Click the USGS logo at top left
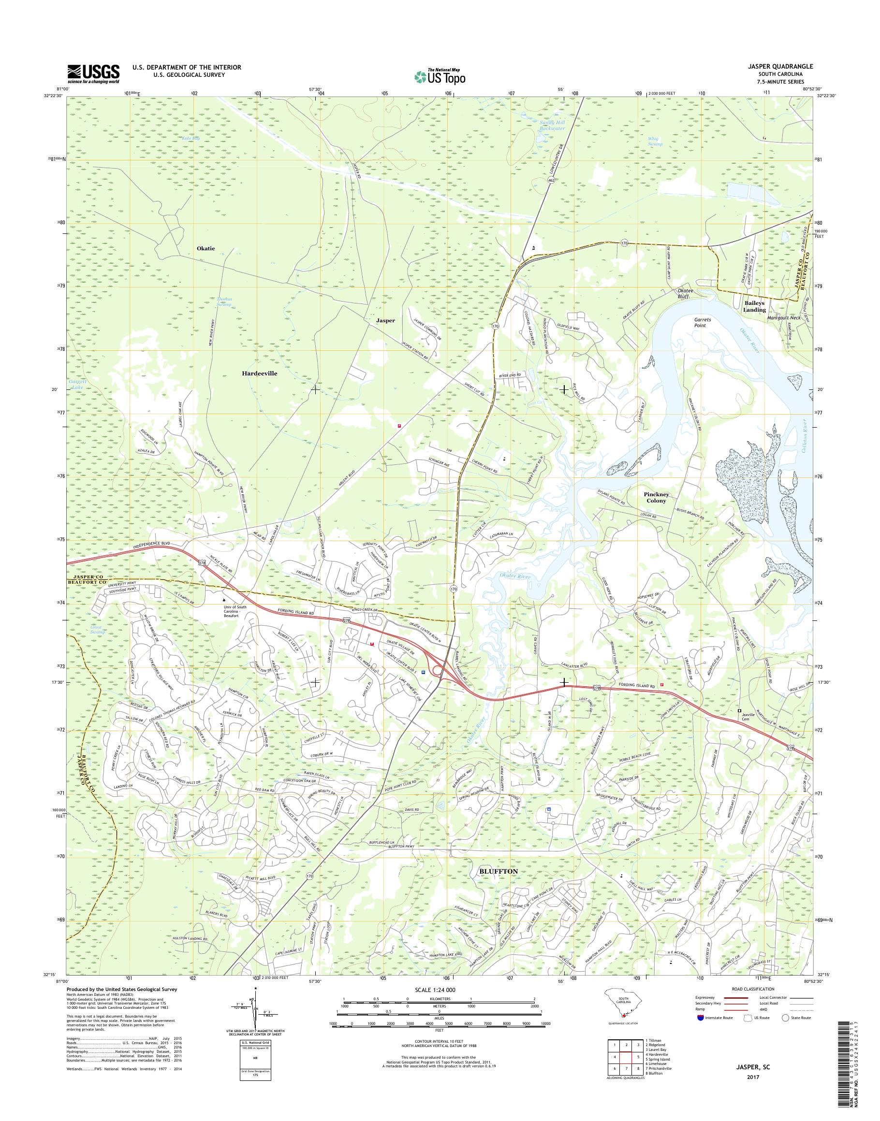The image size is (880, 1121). (93, 74)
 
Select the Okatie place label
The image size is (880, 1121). (205, 248)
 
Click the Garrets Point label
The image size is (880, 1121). (702, 322)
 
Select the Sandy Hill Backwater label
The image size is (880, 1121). (551, 125)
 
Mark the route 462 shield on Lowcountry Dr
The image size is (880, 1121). (552, 181)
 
